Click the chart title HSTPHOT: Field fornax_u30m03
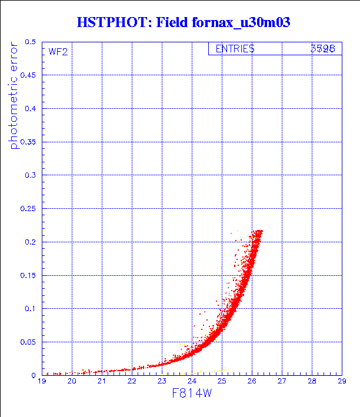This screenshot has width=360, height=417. click(x=183, y=22)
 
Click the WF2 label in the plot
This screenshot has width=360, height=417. click(x=58, y=52)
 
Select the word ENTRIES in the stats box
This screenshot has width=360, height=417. click(x=235, y=49)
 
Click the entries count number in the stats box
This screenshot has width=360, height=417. click(x=322, y=49)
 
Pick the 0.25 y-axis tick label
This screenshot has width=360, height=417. click(x=28, y=209)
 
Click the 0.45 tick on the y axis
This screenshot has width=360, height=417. click(x=28, y=76)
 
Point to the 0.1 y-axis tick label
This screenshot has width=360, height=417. click(x=31, y=309)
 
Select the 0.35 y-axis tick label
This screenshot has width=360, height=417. click(x=28, y=142)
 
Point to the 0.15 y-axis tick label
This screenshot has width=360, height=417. click(x=28, y=275)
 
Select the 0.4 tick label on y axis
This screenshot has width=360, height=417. click(x=31, y=109)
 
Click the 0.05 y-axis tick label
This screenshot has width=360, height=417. click(x=28, y=342)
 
